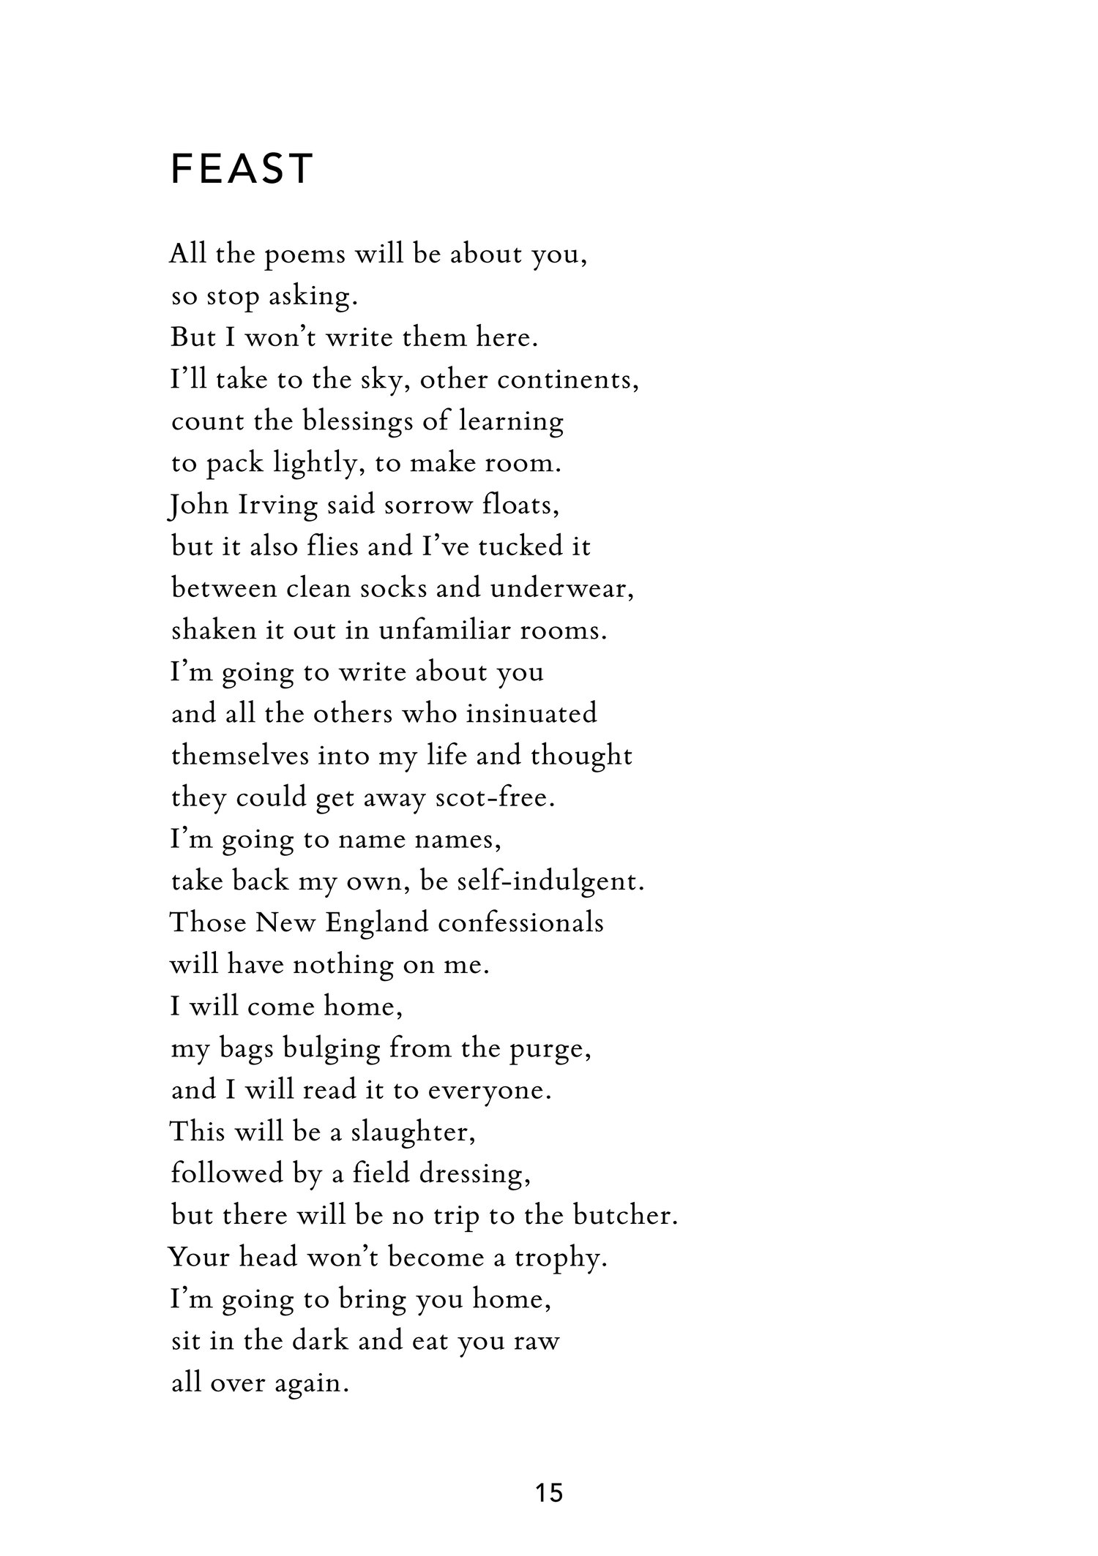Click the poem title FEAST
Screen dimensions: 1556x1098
pos(242,169)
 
